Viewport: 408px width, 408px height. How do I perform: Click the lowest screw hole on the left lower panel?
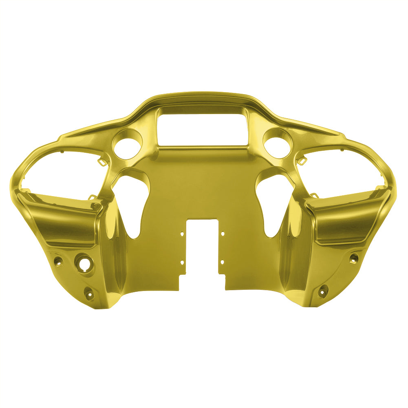(x=88, y=292)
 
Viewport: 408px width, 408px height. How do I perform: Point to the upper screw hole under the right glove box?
(x=354, y=258)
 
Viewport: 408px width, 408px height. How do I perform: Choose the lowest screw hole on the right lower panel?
(x=323, y=290)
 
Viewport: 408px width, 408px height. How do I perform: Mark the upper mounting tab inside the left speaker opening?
(x=101, y=162)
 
